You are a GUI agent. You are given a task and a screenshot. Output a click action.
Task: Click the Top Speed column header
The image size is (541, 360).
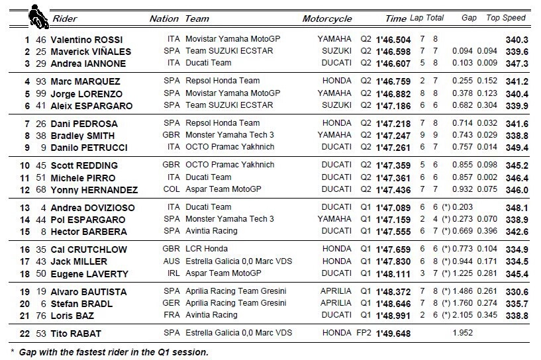tap(506, 18)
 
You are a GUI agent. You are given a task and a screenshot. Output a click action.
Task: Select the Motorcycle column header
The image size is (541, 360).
tap(327, 19)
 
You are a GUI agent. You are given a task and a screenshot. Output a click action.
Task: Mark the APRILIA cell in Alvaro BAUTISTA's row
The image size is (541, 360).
tap(336, 291)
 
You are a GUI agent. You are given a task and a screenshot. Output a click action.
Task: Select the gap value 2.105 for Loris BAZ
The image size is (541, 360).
tap(466, 315)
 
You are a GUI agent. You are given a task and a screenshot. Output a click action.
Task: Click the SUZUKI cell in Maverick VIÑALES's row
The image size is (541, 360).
tap(338, 52)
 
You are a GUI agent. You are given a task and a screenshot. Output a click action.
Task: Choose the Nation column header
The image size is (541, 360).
tap(164, 19)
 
